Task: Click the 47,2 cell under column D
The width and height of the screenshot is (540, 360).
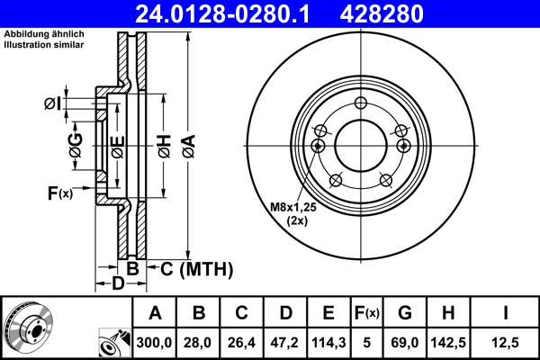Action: click(x=286, y=342)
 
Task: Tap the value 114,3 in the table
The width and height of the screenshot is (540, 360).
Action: click(x=329, y=342)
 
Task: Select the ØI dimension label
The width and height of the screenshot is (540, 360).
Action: click(x=52, y=105)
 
